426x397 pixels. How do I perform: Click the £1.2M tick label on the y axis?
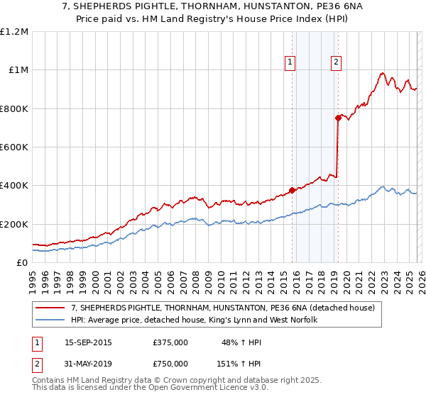coord(14,32)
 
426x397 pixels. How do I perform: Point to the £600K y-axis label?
coord(14,147)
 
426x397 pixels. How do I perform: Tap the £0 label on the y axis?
coord(21,263)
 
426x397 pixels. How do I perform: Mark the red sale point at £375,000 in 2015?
coord(292,190)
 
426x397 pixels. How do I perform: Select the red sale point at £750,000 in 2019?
coord(338,118)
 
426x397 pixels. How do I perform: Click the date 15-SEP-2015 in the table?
coord(88,342)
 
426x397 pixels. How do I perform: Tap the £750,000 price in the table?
coord(170,364)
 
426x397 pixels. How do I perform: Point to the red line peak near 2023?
coord(383,73)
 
